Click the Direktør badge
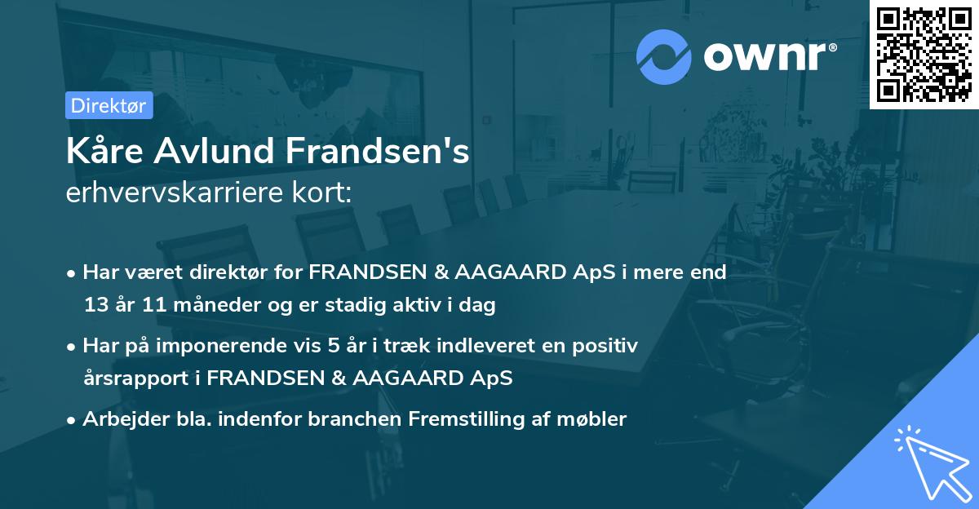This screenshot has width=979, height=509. pyautogui.click(x=109, y=105)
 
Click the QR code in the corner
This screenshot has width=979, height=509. pyautogui.click(x=924, y=54)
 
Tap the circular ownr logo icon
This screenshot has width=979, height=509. pyautogui.click(x=664, y=56)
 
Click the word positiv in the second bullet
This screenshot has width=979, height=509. pyautogui.click(x=607, y=346)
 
